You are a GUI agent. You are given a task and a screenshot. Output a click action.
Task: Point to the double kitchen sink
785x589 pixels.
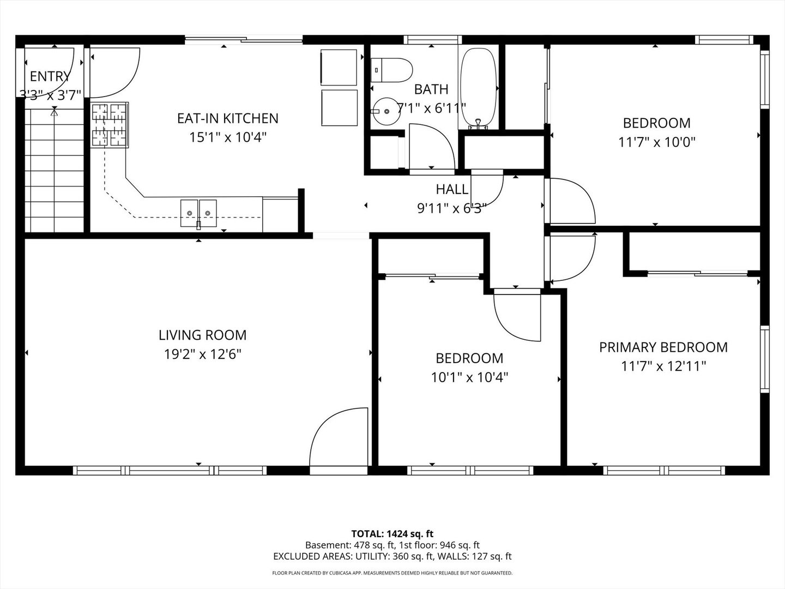[198, 213]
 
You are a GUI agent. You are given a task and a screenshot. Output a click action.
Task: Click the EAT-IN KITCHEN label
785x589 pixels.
[227, 118]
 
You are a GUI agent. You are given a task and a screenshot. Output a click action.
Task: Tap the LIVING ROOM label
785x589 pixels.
[202, 335]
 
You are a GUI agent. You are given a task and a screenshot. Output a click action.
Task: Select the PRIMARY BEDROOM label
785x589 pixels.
[663, 347]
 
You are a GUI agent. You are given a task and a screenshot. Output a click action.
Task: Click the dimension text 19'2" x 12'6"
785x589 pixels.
[202, 354]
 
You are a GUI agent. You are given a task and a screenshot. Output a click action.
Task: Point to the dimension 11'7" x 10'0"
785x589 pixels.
[656, 142]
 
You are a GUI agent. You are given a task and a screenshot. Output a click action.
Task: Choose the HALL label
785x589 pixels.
[451, 189]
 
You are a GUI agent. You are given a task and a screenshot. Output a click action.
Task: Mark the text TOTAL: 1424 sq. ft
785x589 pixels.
[392, 533]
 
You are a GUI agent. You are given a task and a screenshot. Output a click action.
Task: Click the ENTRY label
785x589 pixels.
[50, 76]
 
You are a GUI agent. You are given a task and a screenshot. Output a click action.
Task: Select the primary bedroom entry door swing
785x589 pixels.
[572, 256]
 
